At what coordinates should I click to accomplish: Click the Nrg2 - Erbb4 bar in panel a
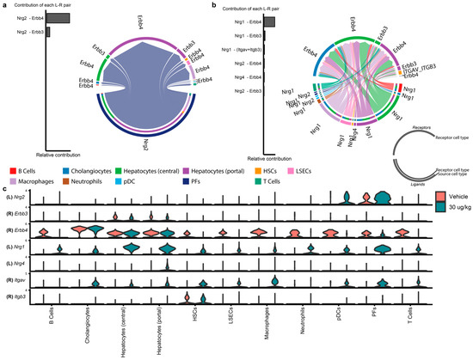pos(58,17)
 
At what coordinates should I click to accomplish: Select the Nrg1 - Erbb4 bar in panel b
pos(268,21)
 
